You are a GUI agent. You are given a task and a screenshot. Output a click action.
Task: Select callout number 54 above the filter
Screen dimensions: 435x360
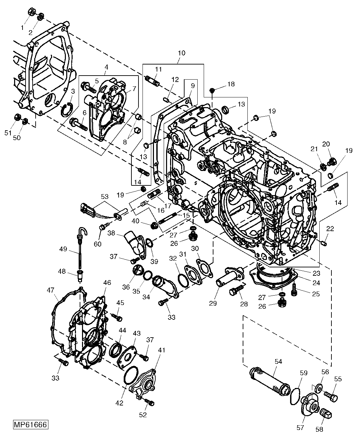(x=278, y=361)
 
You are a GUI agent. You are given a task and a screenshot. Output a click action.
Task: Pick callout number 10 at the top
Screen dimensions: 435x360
(x=182, y=53)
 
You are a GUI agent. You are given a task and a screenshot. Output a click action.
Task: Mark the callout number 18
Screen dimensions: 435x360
(x=231, y=84)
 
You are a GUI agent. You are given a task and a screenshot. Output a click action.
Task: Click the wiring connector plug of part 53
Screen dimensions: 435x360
(x=86, y=209)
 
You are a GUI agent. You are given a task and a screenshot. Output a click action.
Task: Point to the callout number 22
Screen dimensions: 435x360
(x=330, y=229)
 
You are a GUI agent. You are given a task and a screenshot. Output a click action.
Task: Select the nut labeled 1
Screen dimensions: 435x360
(x=30, y=12)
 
